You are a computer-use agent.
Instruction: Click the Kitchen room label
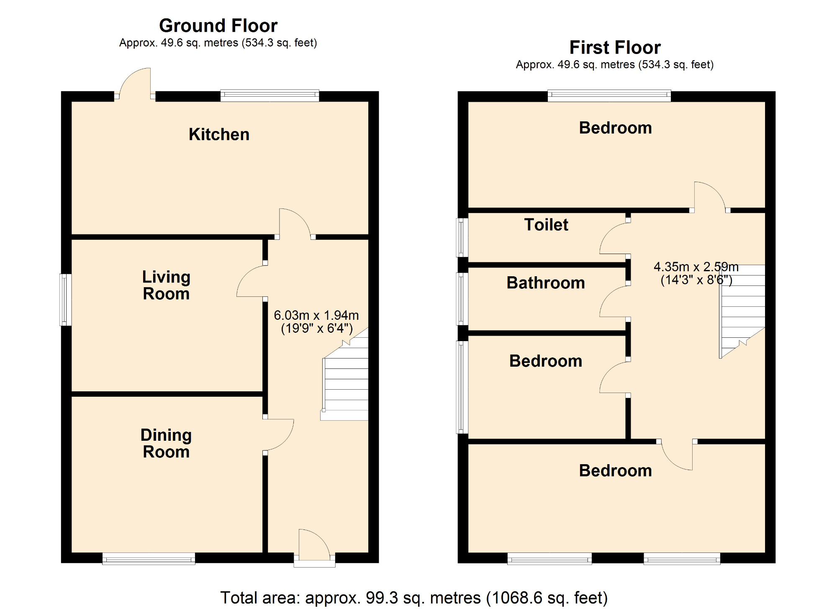click(x=219, y=134)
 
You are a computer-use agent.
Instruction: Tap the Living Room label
click(x=166, y=285)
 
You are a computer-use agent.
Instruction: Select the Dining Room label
click(x=166, y=443)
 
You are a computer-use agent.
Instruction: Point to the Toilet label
click(x=546, y=225)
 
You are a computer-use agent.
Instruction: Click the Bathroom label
click(x=546, y=283)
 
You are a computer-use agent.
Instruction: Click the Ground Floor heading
click(x=218, y=26)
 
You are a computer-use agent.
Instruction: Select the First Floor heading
click(x=615, y=47)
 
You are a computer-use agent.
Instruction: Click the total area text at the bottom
click(x=413, y=598)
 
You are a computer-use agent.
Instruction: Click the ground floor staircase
click(x=346, y=381)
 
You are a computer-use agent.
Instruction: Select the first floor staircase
click(x=742, y=310)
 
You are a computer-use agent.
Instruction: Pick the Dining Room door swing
click(x=280, y=434)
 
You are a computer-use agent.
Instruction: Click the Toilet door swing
click(x=614, y=239)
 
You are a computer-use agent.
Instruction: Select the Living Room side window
click(x=65, y=300)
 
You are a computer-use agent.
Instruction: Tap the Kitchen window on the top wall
click(x=270, y=95)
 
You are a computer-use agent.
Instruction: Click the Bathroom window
click(x=462, y=299)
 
